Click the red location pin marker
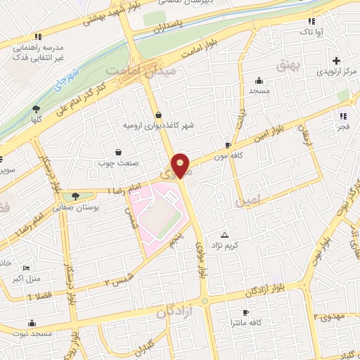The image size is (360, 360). (181, 166)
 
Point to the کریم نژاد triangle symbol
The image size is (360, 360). (225, 235)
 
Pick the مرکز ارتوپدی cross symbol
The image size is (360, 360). (337, 61)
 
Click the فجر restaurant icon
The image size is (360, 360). (342, 116)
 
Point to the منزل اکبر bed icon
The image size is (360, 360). (26, 268)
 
